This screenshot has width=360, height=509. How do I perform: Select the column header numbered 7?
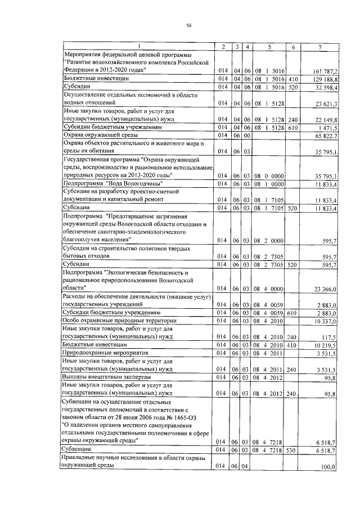tap(319, 46)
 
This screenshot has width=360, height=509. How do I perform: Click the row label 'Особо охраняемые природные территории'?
tap(111, 320)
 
